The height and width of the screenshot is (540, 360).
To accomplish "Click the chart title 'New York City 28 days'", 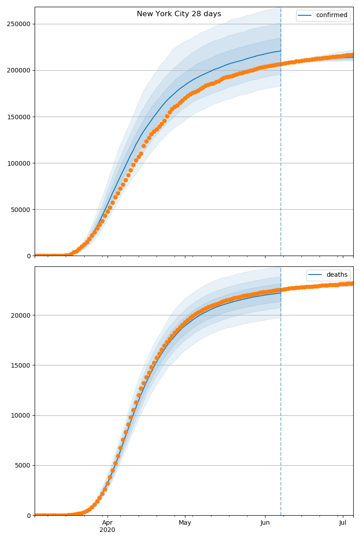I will click(179, 14).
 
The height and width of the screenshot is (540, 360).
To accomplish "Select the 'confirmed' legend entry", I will click(332, 15).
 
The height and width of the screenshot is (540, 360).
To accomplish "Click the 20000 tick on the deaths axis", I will click(21, 315).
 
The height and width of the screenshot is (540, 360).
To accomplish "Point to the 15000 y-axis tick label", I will click(21, 365).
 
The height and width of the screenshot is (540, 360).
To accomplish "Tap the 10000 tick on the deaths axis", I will click(21, 415).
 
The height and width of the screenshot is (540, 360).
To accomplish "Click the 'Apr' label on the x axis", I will click(107, 522).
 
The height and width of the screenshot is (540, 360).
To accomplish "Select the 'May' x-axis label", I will click(185, 522).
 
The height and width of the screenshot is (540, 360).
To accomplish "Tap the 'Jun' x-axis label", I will click(265, 522).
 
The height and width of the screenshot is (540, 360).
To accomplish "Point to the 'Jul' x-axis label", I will click(343, 522).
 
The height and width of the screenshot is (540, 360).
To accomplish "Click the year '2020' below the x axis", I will click(107, 530).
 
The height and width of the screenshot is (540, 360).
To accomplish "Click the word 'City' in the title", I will click(180, 14).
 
